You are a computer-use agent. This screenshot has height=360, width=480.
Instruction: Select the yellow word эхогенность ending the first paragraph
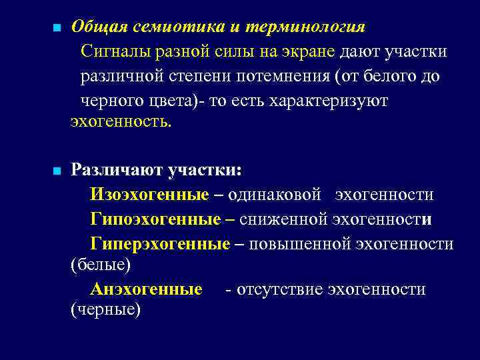(x=120, y=121)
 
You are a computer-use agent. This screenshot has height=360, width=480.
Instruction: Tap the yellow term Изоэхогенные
(x=149, y=195)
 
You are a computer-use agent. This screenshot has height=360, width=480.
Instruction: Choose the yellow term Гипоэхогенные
(x=155, y=219)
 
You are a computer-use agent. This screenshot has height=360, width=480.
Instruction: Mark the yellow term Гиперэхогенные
(x=160, y=244)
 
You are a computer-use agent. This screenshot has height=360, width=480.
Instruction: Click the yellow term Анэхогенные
(x=146, y=289)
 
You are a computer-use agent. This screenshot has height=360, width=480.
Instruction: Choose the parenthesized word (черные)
(x=105, y=310)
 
